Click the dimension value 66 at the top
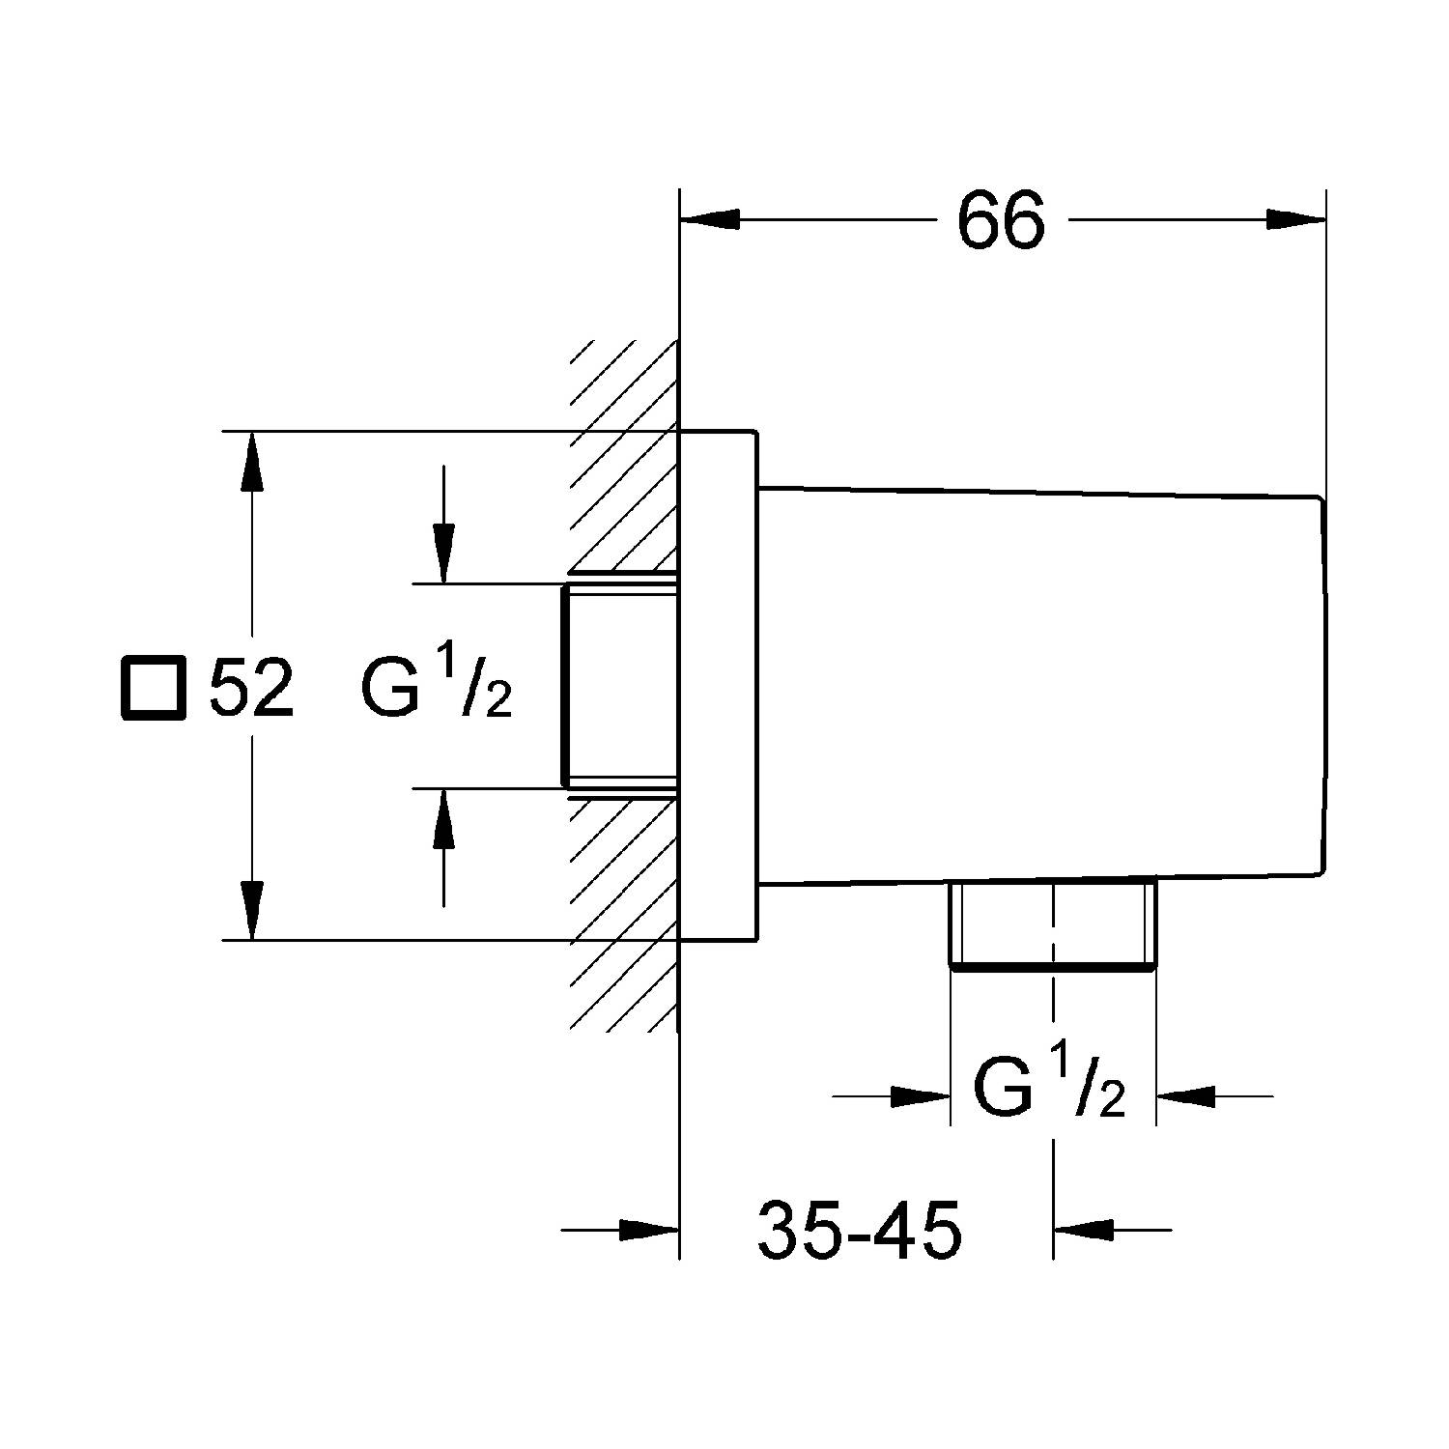1001,220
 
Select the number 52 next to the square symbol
252,688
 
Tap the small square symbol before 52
152,688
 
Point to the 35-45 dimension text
860,1230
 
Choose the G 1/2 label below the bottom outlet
1050,1089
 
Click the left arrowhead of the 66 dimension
710,220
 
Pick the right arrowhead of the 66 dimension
1295,220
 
